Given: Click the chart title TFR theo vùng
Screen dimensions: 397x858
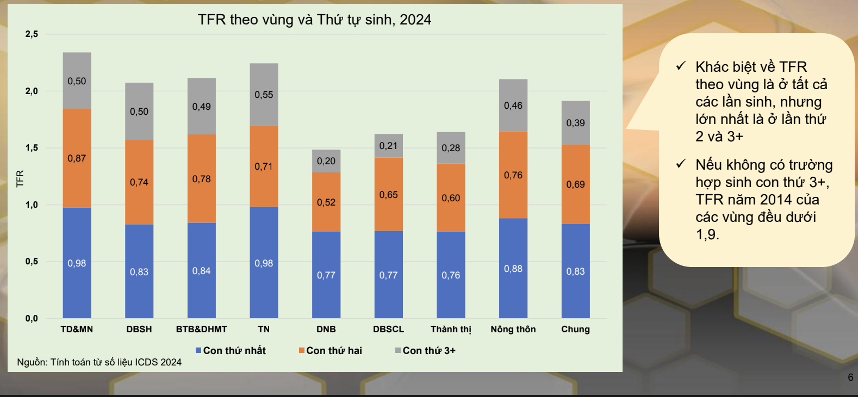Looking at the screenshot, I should pos(314,20).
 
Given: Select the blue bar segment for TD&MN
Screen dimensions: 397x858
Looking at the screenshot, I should pos(77,263).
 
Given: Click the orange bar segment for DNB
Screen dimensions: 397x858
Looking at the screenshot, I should pos(326,202).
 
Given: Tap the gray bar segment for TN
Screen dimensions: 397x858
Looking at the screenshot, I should pos(264,94).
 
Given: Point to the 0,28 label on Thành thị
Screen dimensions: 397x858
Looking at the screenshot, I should pos(451,148).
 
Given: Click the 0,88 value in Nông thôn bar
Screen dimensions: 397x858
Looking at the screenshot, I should pos(513,269).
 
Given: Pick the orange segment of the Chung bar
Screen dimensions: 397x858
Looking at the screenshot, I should pos(575,184).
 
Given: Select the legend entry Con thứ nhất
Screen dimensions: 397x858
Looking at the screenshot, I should pos(231,351).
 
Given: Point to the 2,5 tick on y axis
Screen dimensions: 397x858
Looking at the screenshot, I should pos(32,34).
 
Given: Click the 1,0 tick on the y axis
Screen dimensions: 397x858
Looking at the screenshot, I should pos(32,205).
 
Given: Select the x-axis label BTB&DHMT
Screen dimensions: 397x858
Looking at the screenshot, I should pos(201,329).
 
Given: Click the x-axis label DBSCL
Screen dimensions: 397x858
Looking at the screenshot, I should pos(388,329).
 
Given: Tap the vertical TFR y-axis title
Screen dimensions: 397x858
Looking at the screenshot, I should pos(20,178).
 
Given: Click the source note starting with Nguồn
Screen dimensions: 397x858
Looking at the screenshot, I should pos(99,362).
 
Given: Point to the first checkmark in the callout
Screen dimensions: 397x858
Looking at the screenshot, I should pos(681,66).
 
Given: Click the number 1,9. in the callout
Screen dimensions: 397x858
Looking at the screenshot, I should pos(707,234).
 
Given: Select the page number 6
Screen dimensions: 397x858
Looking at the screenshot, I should pos(850,377).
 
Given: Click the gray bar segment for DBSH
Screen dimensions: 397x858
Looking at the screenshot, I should pos(139,111).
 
